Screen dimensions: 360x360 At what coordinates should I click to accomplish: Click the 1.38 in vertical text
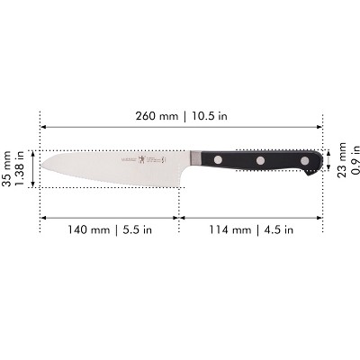(22, 168)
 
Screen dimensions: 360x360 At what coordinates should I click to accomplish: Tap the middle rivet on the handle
(261, 161)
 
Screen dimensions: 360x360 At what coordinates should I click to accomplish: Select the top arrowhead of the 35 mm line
(35, 152)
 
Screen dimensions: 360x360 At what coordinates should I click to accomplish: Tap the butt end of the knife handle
(319, 162)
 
